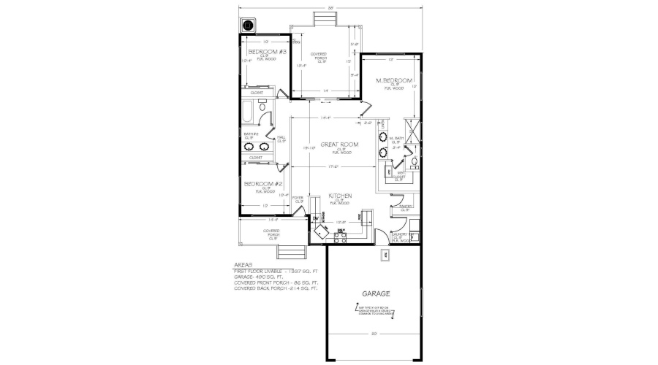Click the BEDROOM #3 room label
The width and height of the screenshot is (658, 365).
266,53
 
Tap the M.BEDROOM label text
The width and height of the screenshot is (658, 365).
394,80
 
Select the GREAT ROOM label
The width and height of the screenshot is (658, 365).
338,145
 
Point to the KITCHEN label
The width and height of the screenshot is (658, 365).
341,196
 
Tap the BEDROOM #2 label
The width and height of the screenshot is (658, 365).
263,183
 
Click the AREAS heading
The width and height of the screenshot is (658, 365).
243,265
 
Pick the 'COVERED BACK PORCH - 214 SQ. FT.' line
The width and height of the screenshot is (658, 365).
276,288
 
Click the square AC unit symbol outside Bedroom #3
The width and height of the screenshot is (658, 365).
249,26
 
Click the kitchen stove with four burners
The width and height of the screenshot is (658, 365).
340,235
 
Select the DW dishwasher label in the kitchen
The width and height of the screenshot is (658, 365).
314,218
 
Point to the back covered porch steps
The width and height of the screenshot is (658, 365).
322,18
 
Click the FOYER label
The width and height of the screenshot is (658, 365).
298,199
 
